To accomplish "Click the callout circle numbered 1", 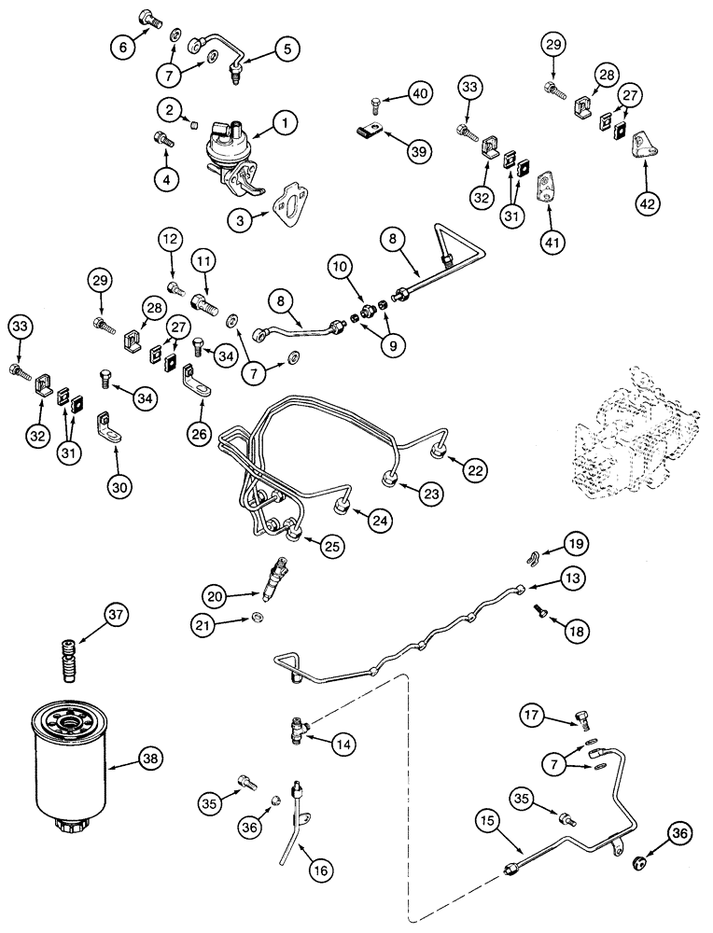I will pos(285,120).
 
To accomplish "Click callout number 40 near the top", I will pos(420,93).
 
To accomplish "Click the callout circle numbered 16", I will pos(319,870).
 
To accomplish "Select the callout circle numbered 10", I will pos(340,268).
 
